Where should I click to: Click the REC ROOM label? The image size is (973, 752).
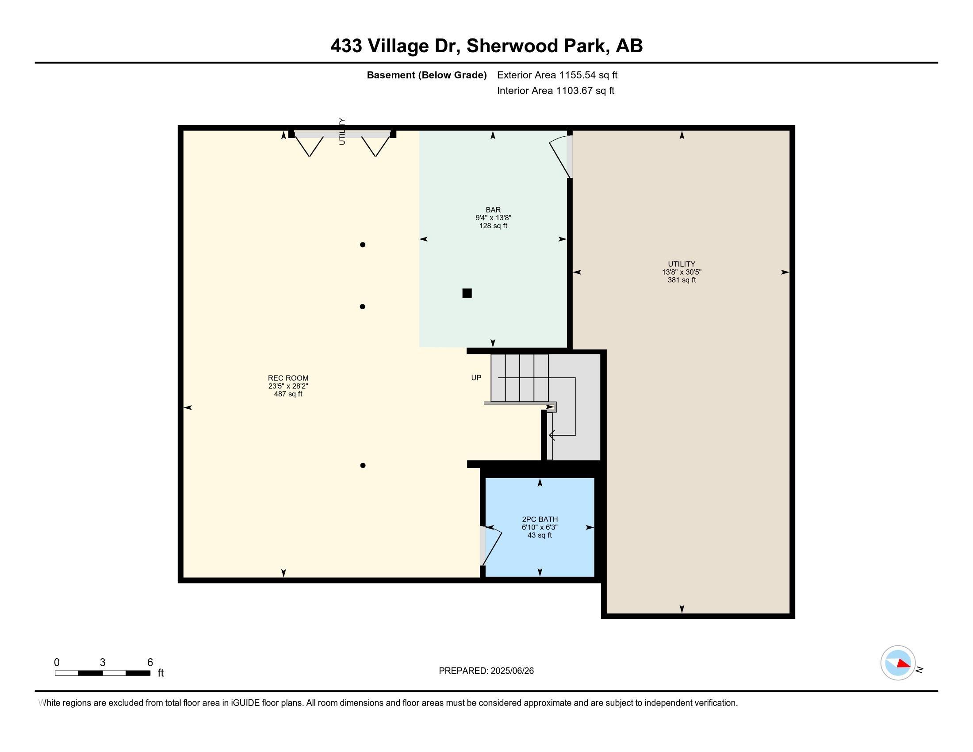(x=288, y=378)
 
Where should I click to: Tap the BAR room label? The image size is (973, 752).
(x=493, y=210)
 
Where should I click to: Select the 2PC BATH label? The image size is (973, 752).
(x=540, y=519)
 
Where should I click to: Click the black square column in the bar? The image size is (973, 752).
(x=467, y=293)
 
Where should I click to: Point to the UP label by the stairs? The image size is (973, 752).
(x=476, y=378)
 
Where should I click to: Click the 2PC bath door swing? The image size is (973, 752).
(x=492, y=551)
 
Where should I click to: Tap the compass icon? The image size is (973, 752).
(x=898, y=663)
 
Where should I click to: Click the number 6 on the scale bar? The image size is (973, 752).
(x=150, y=663)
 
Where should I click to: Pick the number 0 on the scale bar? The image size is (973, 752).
(x=57, y=663)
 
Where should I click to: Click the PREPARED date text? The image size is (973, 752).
(x=486, y=671)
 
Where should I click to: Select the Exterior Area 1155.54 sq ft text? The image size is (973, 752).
(x=557, y=75)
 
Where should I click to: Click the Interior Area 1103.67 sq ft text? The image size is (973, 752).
(x=555, y=91)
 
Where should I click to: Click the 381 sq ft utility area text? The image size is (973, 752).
(x=682, y=280)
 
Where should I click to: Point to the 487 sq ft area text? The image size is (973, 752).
(x=288, y=394)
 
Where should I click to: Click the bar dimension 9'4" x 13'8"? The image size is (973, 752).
(x=493, y=218)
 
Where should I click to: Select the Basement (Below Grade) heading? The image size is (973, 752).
(x=426, y=75)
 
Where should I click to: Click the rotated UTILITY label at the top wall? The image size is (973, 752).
(x=342, y=131)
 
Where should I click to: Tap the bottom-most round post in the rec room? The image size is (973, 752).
(x=363, y=465)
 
